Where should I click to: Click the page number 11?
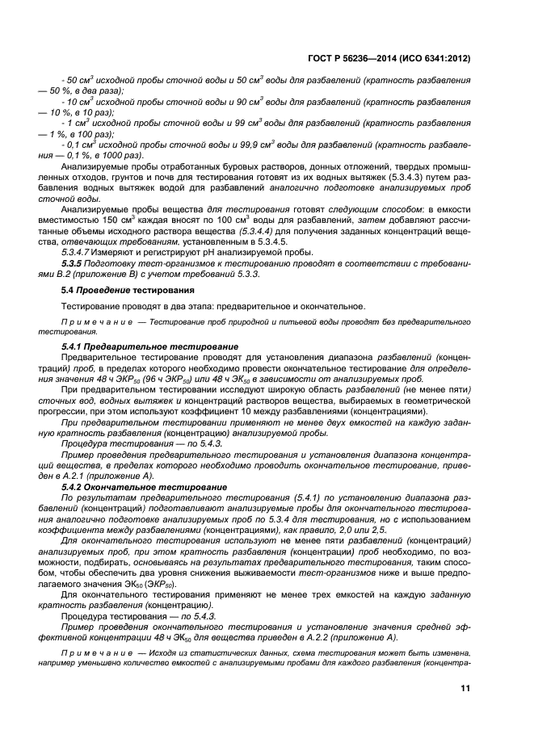pyautogui.click(x=465, y=688)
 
